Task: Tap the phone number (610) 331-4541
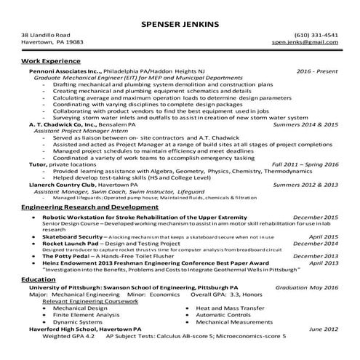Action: point(316,35)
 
